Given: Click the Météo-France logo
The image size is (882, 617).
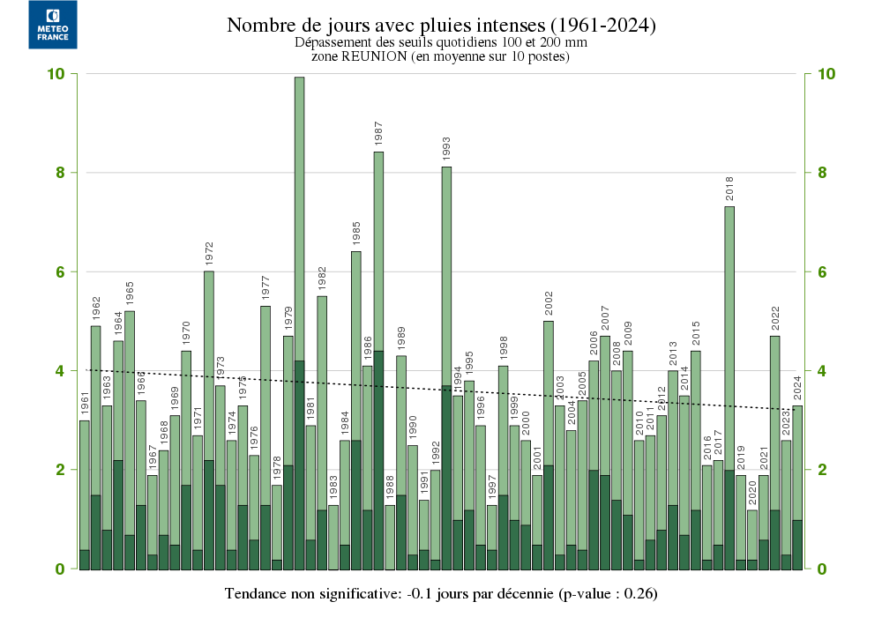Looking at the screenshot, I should click(x=53, y=25).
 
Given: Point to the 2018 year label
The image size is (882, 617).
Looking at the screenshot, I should click(x=729, y=189).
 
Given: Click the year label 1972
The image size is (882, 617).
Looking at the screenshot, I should click(x=209, y=253).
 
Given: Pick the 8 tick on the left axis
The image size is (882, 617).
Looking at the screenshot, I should click(x=59, y=173).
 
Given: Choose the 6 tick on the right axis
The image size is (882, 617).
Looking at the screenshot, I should click(x=821, y=271).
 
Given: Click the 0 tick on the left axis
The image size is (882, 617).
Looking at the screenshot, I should click(x=60, y=569).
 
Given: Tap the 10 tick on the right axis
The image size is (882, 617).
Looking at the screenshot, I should click(x=826, y=74).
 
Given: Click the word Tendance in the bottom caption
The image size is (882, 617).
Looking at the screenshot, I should click(x=257, y=591).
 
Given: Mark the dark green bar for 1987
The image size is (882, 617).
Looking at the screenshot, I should click(x=378, y=458).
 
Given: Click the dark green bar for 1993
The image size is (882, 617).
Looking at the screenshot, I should click(x=446, y=476).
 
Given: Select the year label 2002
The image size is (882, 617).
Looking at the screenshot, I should click(x=549, y=303).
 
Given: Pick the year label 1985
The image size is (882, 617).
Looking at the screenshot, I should click(x=356, y=234).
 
